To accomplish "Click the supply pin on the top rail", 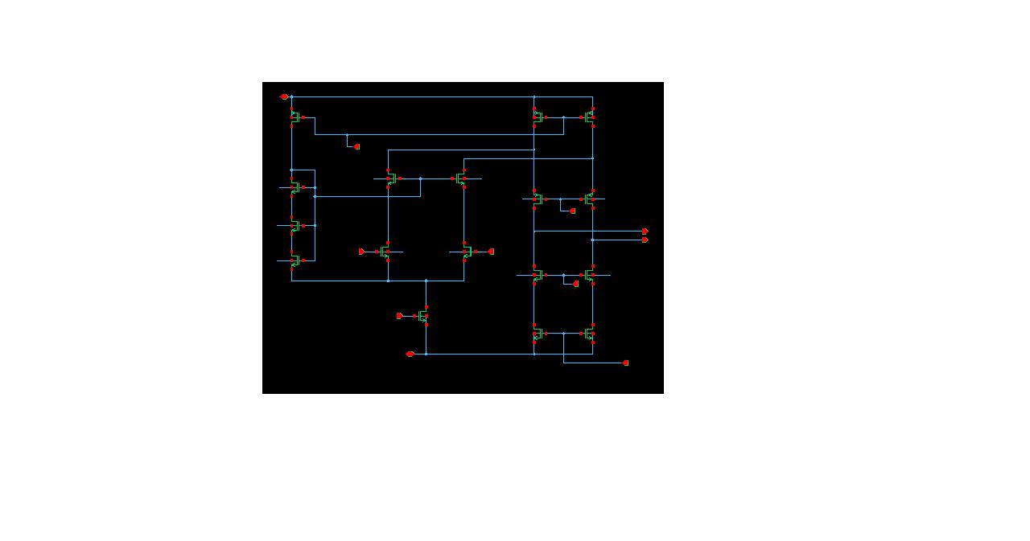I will pos(283,96).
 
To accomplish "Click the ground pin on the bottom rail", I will pos(410,354).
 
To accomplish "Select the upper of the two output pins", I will pos(645,231).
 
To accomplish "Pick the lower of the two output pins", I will pos(645,240).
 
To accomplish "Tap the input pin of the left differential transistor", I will pos(361,252).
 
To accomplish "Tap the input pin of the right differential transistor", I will pos(491,252).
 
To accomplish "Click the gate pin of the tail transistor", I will pos(399,316).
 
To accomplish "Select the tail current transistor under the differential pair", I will pos(423,316).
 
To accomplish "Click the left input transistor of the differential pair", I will pos(385,252).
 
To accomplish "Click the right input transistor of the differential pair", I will pos(467,252).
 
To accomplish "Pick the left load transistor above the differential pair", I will pos(391,178).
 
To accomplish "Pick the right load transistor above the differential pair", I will pos(461,178).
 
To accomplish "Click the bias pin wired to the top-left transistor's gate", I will pos(356,146).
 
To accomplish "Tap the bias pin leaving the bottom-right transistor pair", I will pos(625,363).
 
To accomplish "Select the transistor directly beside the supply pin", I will pos(295,117).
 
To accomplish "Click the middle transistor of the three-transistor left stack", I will pos(295,226).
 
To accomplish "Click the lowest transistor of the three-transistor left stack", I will pos(295,260).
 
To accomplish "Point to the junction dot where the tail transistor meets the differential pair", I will pos(426,281).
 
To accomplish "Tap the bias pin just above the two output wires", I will pos(572,211).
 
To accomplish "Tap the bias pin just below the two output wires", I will pos(575,284).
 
